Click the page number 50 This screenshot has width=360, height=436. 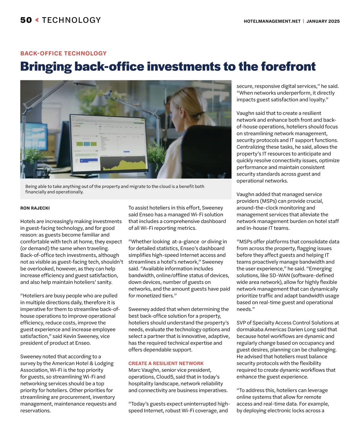click(26, 20)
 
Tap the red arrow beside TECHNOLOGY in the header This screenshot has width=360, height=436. click(37, 20)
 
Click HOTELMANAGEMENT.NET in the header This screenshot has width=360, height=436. click(272, 21)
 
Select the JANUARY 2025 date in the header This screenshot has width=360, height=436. click(323, 21)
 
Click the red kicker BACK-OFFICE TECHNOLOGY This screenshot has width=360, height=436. click(63, 53)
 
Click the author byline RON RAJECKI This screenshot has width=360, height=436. click(35, 208)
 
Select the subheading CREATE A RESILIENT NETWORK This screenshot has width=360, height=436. click(166, 363)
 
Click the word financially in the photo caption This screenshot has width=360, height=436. click(35, 192)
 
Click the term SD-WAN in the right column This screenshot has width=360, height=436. click(272, 276)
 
